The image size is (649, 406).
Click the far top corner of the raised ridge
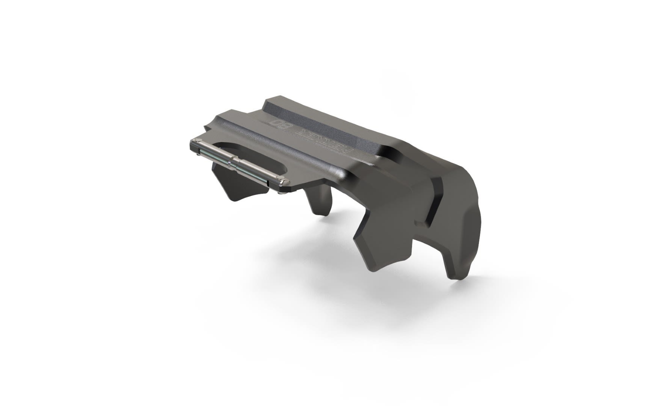[x=269, y=100]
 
